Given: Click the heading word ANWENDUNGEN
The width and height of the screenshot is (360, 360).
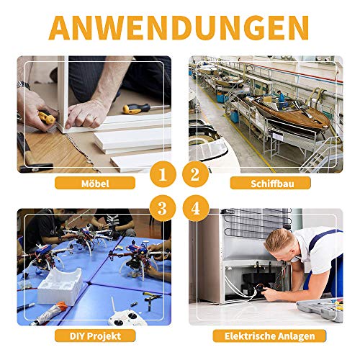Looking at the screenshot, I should (179, 27).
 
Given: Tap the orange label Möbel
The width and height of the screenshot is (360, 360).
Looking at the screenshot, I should (95, 184).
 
